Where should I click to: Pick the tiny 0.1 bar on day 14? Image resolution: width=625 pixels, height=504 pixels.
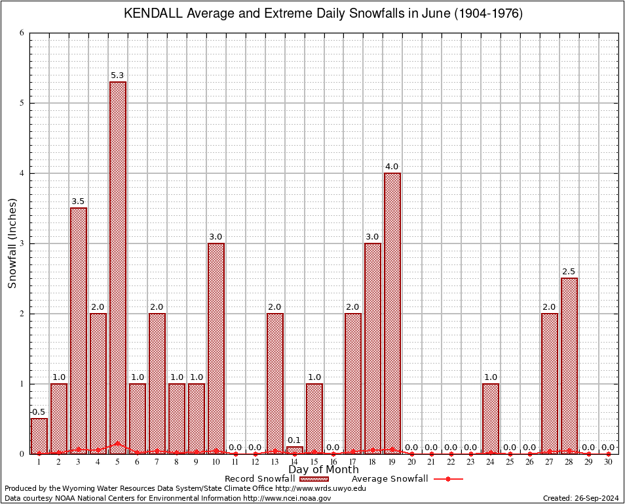tap(294, 450)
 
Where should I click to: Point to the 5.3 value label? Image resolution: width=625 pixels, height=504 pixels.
tap(118, 75)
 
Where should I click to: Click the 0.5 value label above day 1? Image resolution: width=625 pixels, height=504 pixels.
tap(39, 412)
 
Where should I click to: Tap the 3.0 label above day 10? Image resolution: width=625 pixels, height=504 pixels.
tap(216, 237)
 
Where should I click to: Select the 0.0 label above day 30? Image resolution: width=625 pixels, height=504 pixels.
tap(608, 448)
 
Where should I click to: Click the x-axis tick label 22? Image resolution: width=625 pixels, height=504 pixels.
tap(451, 462)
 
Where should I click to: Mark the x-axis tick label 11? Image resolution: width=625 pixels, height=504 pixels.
tap(235, 462)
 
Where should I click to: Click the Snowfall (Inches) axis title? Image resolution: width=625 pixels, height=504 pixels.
tap(12, 243)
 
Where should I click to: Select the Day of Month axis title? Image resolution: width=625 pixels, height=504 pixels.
tap(324, 470)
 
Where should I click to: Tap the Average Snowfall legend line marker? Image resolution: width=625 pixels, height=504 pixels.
tap(448, 479)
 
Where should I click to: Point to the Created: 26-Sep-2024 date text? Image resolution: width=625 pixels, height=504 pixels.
tap(580, 498)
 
